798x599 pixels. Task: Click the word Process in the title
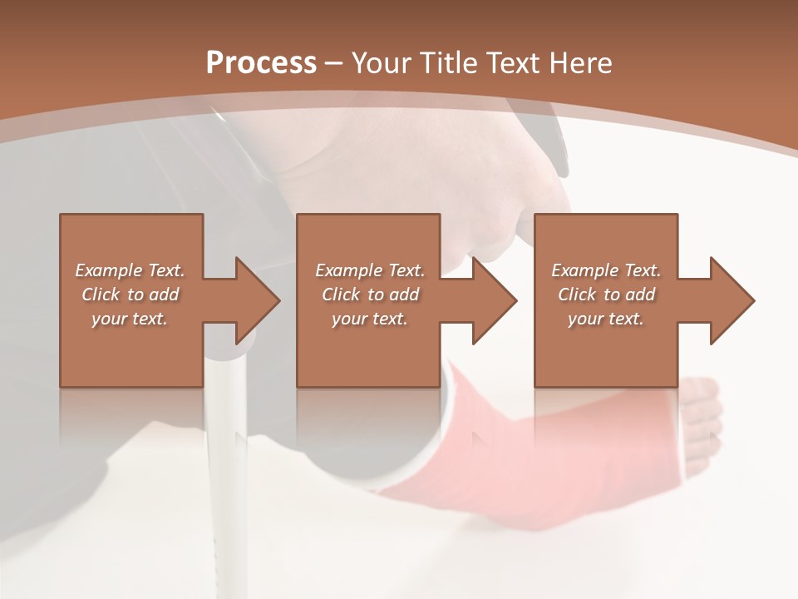coord(261,62)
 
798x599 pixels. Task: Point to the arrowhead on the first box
coord(256,300)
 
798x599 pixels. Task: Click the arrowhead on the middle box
coord(494,300)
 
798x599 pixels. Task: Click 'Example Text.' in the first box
coord(130,270)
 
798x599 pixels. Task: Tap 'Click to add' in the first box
coord(130,295)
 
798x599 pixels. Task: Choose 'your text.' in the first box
coord(130,319)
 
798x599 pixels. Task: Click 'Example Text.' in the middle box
coord(370,270)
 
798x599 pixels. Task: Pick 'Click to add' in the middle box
coord(370,295)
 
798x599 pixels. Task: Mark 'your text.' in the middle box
coord(370,319)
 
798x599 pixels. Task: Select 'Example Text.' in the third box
coord(606,270)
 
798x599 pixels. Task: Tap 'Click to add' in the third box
coord(606,295)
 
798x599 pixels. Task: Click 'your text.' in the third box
coord(606,319)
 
